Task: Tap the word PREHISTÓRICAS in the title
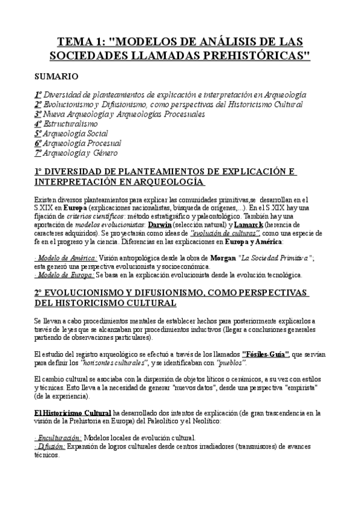(x=252, y=56)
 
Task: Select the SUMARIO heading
(x=55, y=77)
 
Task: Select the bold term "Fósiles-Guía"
(x=266, y=355)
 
